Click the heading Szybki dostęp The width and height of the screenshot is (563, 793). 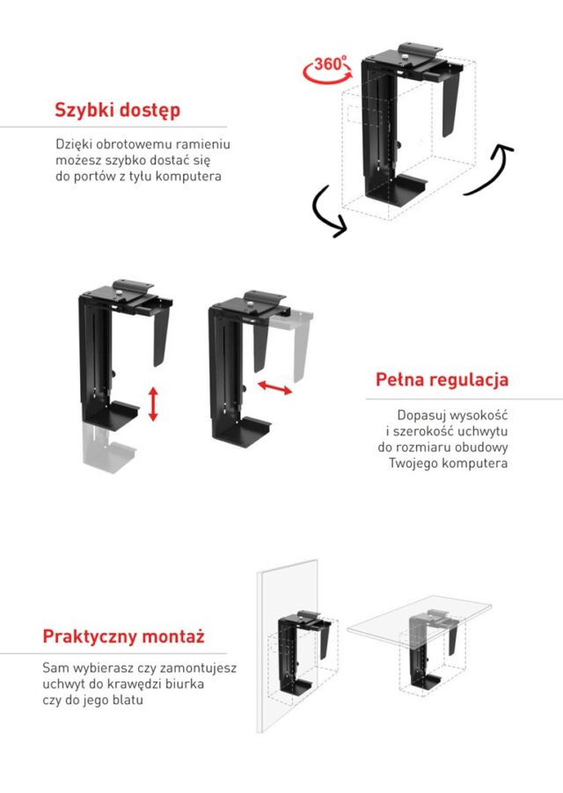pos(117,111)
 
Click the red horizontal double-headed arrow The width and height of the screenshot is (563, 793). pos(275,388)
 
